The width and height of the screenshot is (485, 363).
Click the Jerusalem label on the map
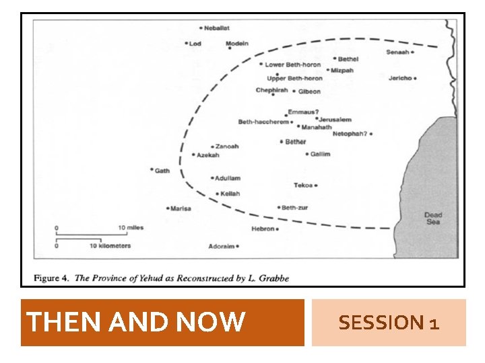click(x=335, y=120)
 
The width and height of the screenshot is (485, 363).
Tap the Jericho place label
click(x=400, y=78)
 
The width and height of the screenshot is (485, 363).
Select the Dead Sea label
click(x=433, y=218)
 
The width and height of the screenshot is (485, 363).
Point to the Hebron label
click(x=263, y=229)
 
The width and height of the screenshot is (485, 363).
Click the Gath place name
click(x=162, y=171)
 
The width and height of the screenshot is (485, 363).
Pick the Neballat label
click(x=218, y=28)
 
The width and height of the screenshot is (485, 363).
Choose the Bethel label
click(x=348, y=59)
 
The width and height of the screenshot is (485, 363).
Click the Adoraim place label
click(x=221, y=247)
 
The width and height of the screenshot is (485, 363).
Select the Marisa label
click(x=181, y=208)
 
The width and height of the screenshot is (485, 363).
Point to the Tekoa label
click(x=303, y=185)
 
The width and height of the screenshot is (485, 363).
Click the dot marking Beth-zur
click(x=278, y=208)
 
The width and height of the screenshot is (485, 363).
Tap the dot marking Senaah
click(x=412, y=52)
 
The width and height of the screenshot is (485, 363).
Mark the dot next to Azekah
click(x=193, y=155)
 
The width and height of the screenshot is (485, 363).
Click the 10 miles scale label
click(x=131, y=228)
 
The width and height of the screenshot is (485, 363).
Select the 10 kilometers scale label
click(x=110, y=246)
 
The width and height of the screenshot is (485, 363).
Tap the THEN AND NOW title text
click(x=135, y=323)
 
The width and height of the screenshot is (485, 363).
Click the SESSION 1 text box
click(x=389, y=323)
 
